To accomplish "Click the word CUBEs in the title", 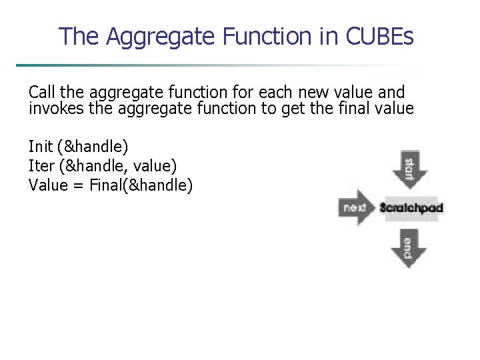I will tap(380, 36).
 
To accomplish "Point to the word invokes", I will tap(55, 108).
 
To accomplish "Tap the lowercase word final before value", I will tap(352, 108).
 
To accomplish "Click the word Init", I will tap(41, 146).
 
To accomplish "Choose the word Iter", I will tap(41, 165).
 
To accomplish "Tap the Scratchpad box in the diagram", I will tap(411, 208).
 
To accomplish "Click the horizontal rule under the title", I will tap(227, 65).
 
